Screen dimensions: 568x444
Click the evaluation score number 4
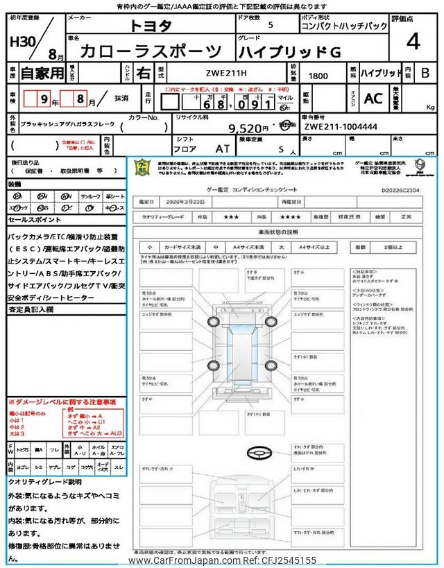[x=413, y=41]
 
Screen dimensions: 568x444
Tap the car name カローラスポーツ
[x=151, y=51]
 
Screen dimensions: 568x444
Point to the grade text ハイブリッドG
[x=289, y=51]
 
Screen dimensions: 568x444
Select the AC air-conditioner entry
[x=373, y=98]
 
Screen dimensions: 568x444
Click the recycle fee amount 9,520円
[x=248, y=128]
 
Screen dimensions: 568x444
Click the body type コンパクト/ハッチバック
[x=343, y=26]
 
